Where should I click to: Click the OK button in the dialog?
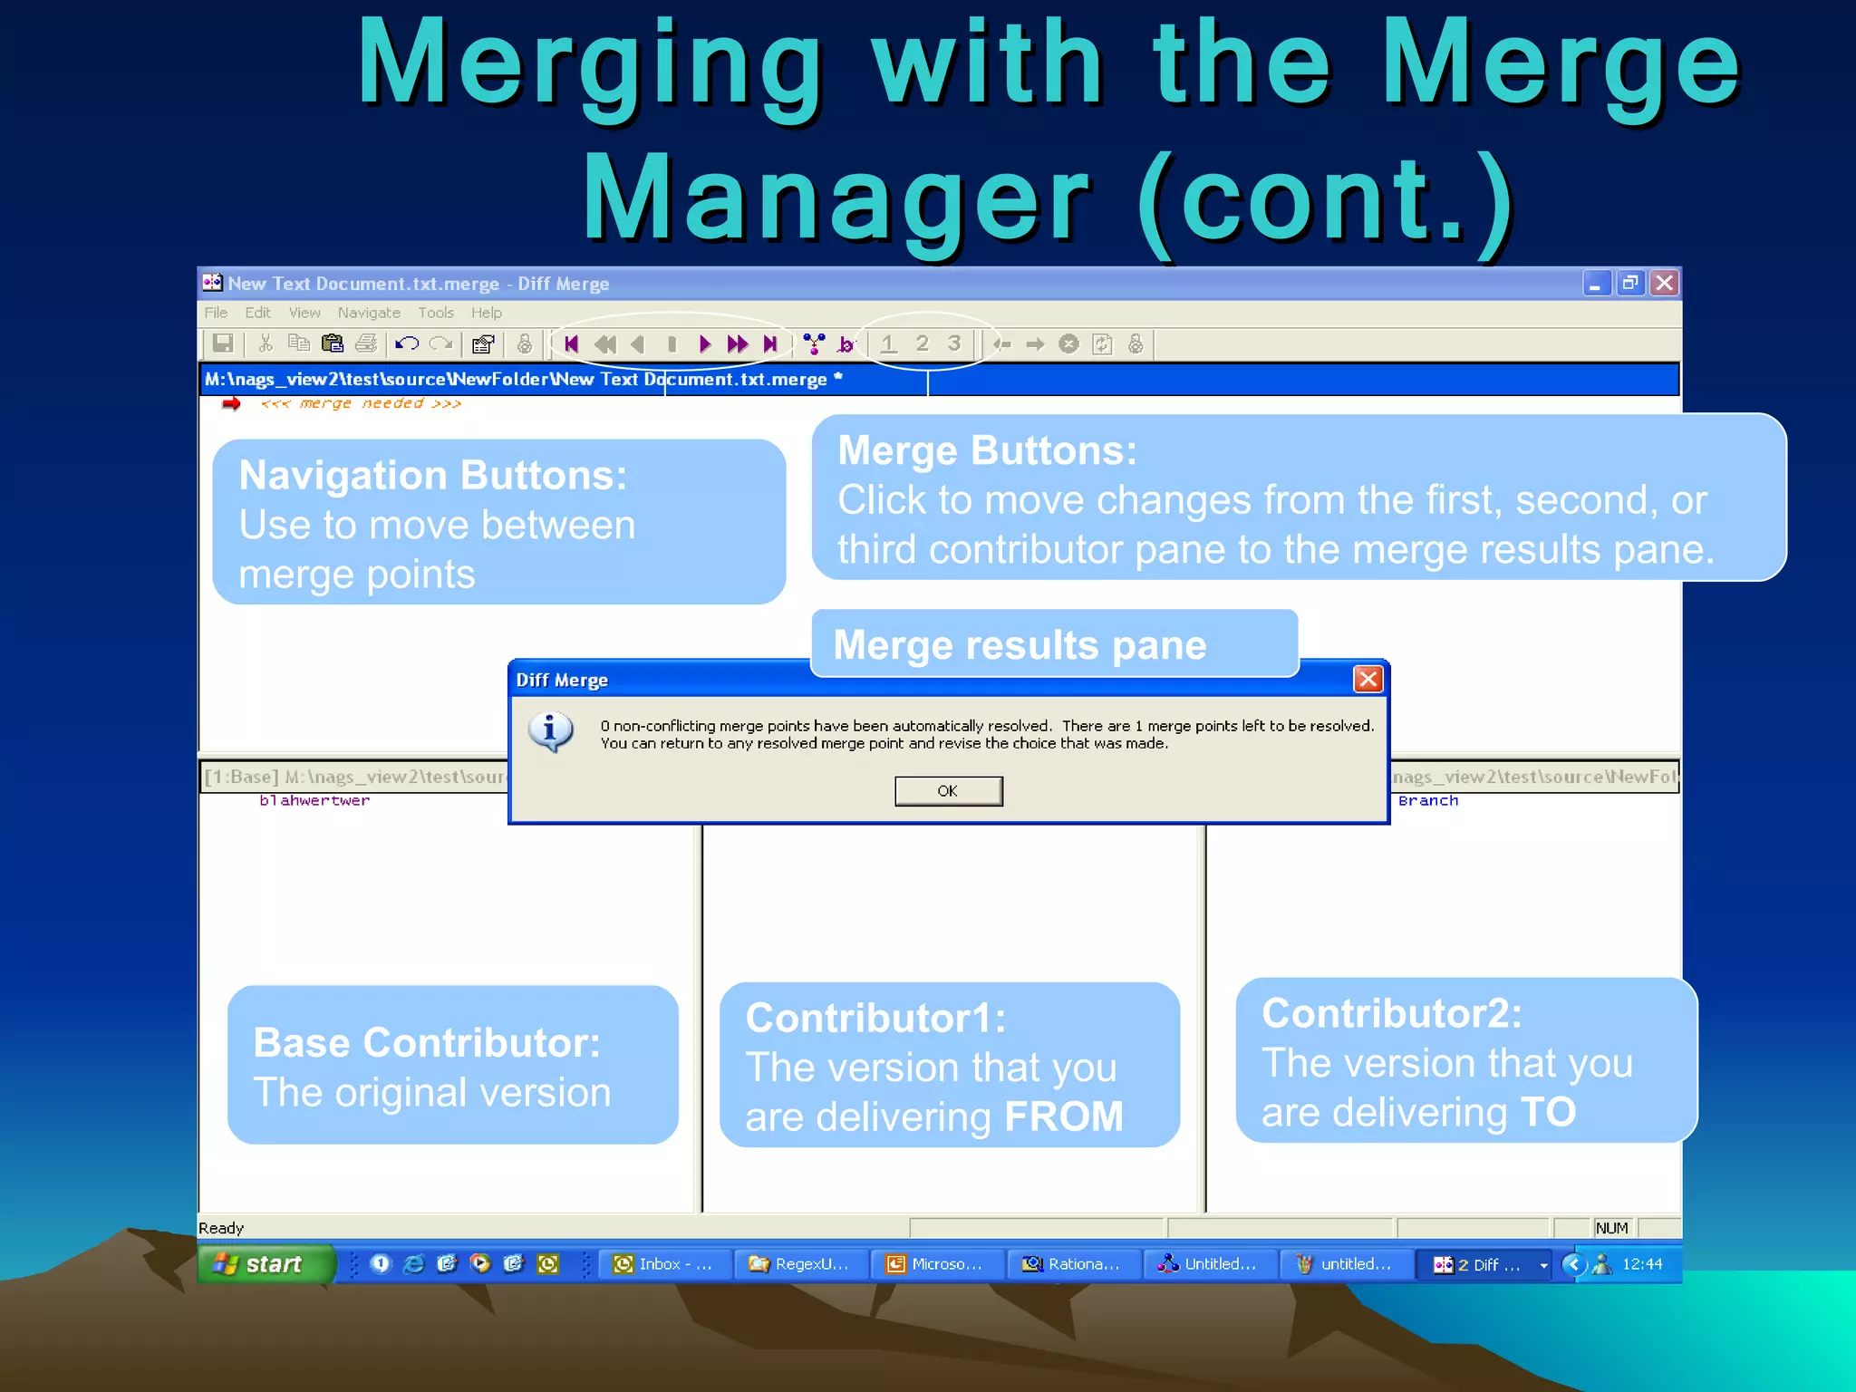tap(948, 790)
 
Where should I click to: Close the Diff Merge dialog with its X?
tap(1368, 679)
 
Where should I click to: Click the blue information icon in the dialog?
tap(550, 731)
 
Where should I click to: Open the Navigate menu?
tap(369, 313)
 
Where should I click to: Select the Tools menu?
tap(436, 313)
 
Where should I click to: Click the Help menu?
tap(486, 313)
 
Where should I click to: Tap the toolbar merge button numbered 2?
tap(922, 343)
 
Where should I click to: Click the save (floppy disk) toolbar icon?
tap(222, 343)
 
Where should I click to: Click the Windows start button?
tap(263, 1263)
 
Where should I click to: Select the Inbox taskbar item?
tap(664, 1263)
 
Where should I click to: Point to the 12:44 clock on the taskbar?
tap(1642, 1263)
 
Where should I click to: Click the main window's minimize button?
tap(1596, 284)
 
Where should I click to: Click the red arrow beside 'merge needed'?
tap(231, 403)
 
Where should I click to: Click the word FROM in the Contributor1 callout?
tap(1063, 1116)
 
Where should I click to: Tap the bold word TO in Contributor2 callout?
tap(1548, 1112)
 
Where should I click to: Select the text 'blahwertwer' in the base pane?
tap(314, 800)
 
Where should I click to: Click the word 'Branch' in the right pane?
tap(1428, 800)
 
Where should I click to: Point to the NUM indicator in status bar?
tap(1611, 1228)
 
